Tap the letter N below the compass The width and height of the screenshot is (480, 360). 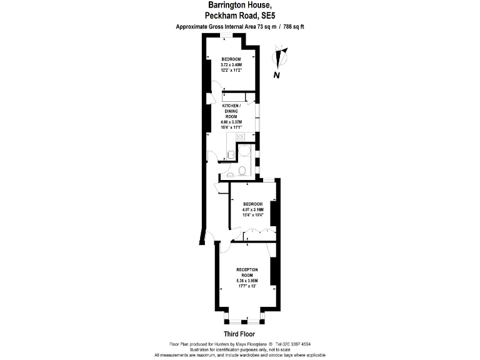tap(276, 76)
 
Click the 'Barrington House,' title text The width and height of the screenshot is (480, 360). tap(240, 6)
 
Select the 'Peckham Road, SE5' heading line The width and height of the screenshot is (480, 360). tap(240, 16)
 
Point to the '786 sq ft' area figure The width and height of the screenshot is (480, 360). tap(292, 27)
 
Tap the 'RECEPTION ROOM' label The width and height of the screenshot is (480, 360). tap(247, 272)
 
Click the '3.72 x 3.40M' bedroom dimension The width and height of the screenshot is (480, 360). tap(231, 64)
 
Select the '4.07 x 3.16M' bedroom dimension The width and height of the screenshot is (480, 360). tap(253, 209)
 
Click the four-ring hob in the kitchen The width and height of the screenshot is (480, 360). tap(239, 137)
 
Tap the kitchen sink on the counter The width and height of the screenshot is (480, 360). tap(231, 154)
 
